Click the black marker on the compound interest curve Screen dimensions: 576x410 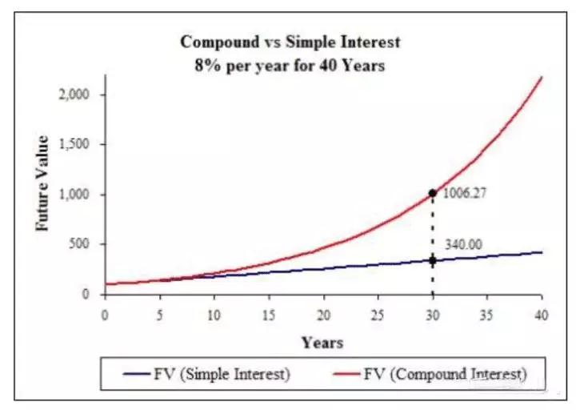432,193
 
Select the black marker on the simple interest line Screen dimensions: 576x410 432,261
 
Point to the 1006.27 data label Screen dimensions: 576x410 464,193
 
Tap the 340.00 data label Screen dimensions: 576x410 463,244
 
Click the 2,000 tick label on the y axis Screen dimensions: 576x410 74,94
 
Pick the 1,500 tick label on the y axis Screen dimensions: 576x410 74,144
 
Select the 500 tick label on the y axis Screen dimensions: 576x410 79,243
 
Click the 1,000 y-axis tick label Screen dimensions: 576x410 74,194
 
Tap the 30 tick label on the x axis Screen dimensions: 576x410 433,316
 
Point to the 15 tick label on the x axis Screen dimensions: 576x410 269,316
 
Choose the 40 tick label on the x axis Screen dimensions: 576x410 542,316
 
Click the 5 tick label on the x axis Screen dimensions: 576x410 159,316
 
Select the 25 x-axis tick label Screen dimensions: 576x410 378,316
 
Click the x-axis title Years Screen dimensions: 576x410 322,343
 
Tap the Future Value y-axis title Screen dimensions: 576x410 42,183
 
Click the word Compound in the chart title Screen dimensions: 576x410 220,42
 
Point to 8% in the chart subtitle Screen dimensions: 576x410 208,66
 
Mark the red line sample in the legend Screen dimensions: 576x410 346,374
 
